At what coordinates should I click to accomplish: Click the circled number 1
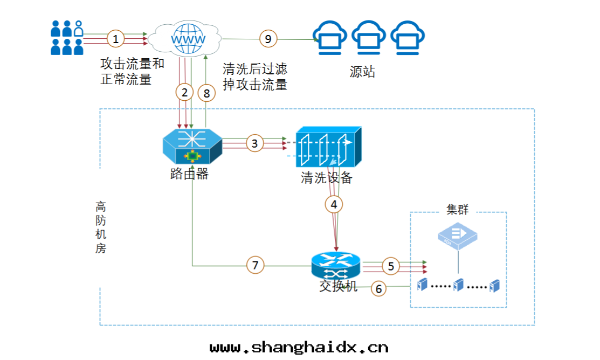(x=115, y=38)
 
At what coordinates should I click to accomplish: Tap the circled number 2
(x=184, y=93)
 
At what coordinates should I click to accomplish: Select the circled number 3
(x=254, y=143)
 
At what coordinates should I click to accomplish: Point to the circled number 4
(x=334, y=204)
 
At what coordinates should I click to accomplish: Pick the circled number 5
(x=391, y=266)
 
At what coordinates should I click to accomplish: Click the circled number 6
(x=378, y=289)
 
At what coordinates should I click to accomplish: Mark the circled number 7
(x=256, y=265)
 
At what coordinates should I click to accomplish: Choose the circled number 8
(x=206, y=93)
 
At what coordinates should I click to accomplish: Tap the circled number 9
(x=268, y=38)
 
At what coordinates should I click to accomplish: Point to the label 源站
(x=362, y=72)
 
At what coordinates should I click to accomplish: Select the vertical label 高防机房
(x=101, y=227)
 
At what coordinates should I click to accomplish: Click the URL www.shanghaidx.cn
(x=299, y=347)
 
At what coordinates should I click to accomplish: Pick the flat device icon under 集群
(x=458, y=236)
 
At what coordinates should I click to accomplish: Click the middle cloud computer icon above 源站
(x=369, y=38)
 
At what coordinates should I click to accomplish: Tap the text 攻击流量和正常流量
(x=132, y=72)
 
